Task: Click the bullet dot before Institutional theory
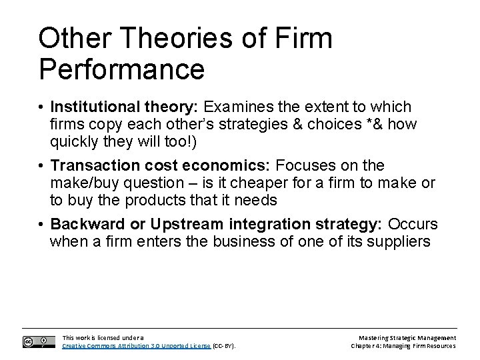pyautogui.click(x=42, y=108)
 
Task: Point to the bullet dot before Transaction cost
pyautogui.click(x=42, y=165)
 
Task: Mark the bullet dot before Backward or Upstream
pyautogui.click(x=42, y=223)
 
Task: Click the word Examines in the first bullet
pyautogui.click(x=236, y=107)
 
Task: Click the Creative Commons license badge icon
pyautogui.click(x=36, y=341)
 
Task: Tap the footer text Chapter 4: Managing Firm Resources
pyautogui.click(x=404, y=346)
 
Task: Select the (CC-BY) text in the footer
pyautogui.click(x=224, y=346)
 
